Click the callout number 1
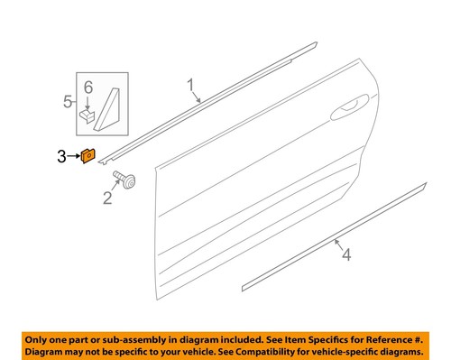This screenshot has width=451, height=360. [x=191, y=88]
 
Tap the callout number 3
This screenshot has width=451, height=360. [x=61, y=158]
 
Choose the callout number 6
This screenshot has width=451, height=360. [x=88, y=87]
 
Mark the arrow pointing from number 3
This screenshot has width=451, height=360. [x=75, y=158]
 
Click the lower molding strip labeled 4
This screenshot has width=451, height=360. [x=334, y=239]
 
